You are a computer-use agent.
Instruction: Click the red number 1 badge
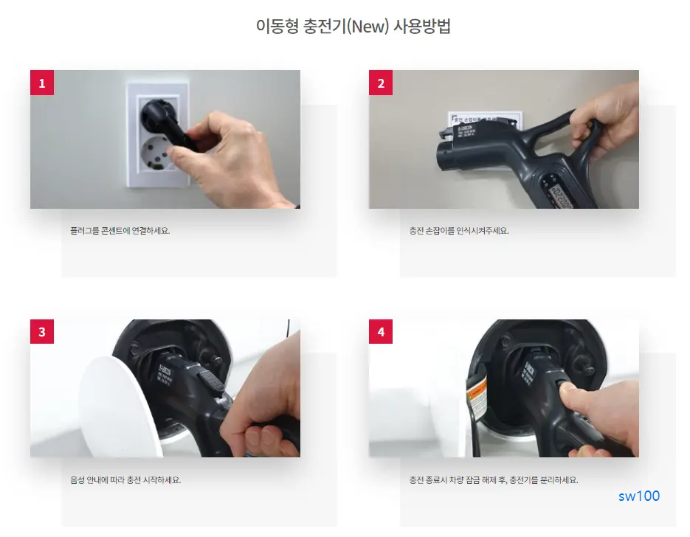(41, 83)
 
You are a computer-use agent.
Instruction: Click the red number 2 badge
(381, 83)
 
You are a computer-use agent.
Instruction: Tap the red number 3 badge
(41, 332)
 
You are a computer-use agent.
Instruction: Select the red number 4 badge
(381, 332)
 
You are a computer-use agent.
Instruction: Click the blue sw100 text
(639, 496)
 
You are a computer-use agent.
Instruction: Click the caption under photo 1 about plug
(120, 230)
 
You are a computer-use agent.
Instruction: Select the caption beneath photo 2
(459, 230)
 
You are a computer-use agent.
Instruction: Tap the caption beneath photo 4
(494, 479)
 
